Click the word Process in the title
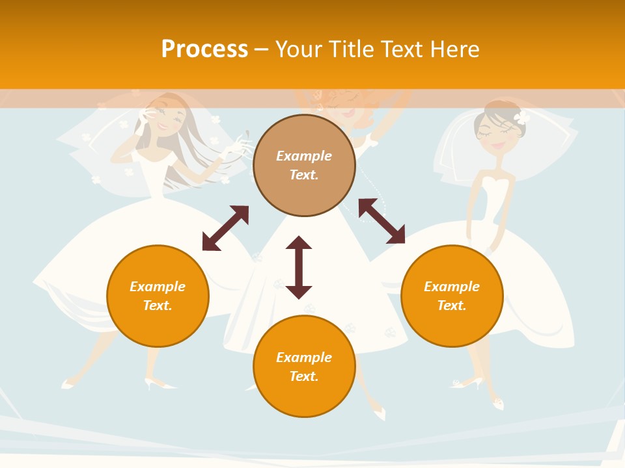[204, 49]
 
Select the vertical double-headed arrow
[299, 267]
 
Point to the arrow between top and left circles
[225, 228]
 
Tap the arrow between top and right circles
[382, 221]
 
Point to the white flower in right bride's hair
[521, 118]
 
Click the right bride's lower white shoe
[498, 404]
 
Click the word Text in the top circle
[304, 175]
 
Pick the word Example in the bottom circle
[304, 357]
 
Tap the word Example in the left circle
[158, 286]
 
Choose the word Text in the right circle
[452, 305]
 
